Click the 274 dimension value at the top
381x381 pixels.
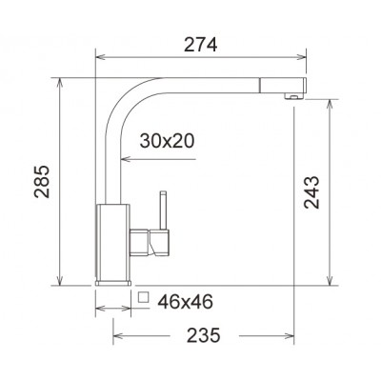tap(200, 44)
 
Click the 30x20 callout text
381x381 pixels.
tap(168, 141)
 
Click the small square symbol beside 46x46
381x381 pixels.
tap(143, 298)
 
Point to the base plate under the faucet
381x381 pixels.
tap(113, 284)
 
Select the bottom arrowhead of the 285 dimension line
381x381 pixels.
tap(62, 282)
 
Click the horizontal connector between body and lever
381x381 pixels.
tap(142, 242)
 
